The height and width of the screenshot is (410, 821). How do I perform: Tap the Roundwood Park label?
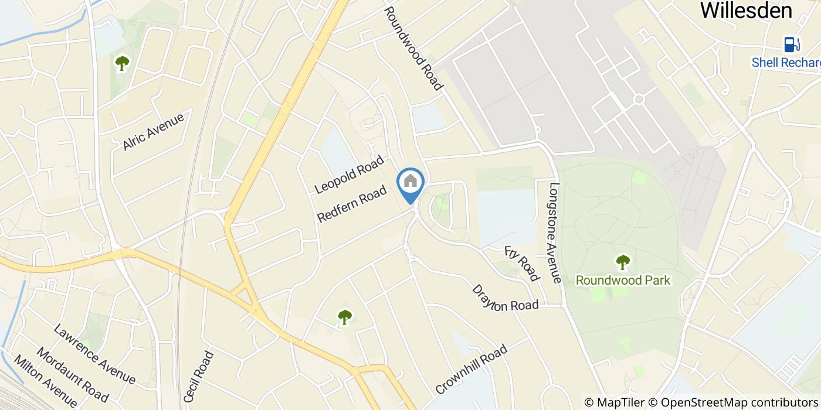point(623,280)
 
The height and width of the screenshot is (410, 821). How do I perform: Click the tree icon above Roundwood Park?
point(623,262)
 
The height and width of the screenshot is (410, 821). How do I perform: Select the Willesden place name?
point(746,10)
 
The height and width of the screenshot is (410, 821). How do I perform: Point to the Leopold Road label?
point(349,175)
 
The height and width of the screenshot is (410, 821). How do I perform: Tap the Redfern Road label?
point(352,204)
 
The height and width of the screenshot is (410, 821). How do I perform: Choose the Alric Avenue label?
point(154,131)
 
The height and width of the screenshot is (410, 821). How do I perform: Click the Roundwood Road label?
point(413,48)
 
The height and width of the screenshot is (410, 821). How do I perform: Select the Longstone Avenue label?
point(555,233)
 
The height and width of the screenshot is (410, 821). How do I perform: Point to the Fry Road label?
point(521,263)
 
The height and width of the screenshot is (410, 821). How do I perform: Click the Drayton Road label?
point(505,299)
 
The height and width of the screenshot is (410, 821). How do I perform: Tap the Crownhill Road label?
point(471,369)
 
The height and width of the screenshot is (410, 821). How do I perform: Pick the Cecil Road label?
point(199,376)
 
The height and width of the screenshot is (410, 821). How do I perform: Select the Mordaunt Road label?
point(73,371)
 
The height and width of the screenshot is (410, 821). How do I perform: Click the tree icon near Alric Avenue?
point(122,62)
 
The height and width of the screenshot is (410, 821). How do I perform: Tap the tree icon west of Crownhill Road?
point(345,317)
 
